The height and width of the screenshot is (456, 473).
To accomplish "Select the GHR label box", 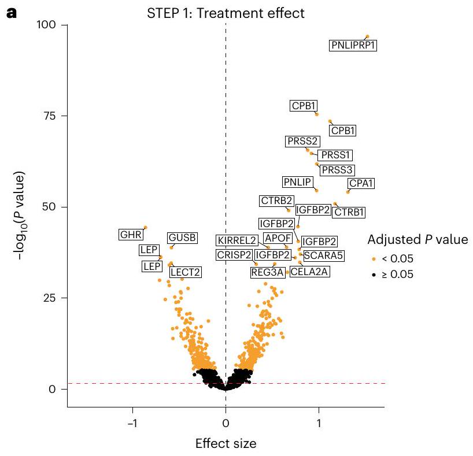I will [x=130, y=235].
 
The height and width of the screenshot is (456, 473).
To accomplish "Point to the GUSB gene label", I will [x=182, y=238].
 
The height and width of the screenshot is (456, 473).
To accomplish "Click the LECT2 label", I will [x=185, y=272].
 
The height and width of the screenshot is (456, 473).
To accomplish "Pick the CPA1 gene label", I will [x=361, y=184].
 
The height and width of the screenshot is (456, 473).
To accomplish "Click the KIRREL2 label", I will [x=236, y=240].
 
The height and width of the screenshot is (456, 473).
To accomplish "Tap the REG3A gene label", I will [x=267, y=272].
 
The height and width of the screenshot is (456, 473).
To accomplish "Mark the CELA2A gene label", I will [x=309, y=270].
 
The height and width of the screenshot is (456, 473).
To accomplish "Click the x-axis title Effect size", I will [x=226, y=444].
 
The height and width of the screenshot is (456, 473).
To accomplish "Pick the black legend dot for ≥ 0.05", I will [x=374, y=275].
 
